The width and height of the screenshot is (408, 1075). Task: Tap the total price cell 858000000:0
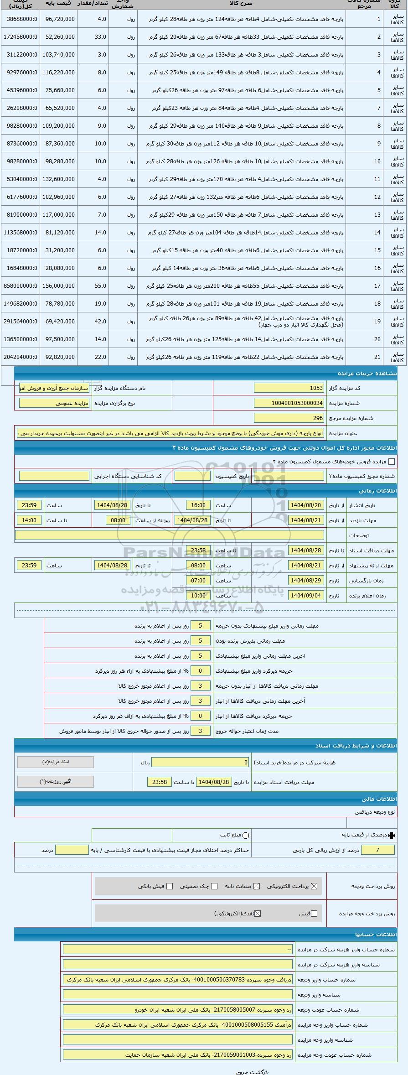[21, 286]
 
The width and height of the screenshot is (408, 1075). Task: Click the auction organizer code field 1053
[289, 388]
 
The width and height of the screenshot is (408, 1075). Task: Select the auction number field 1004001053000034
[289, 403]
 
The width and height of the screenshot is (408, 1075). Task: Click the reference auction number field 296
[289, 418]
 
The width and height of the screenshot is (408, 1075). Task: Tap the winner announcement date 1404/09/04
[306, 596]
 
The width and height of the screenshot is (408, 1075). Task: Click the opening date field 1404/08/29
[306, 581]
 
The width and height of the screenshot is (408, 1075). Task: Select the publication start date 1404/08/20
[306, 505]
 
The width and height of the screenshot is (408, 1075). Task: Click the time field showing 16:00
[198, 505]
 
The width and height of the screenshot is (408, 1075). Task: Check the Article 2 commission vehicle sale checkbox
[391, 462]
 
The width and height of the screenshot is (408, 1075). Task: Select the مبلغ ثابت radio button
[246, 836]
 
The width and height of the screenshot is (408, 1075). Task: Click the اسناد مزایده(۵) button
[55, 762]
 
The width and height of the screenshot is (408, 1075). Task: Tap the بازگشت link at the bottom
[261, 1072]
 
